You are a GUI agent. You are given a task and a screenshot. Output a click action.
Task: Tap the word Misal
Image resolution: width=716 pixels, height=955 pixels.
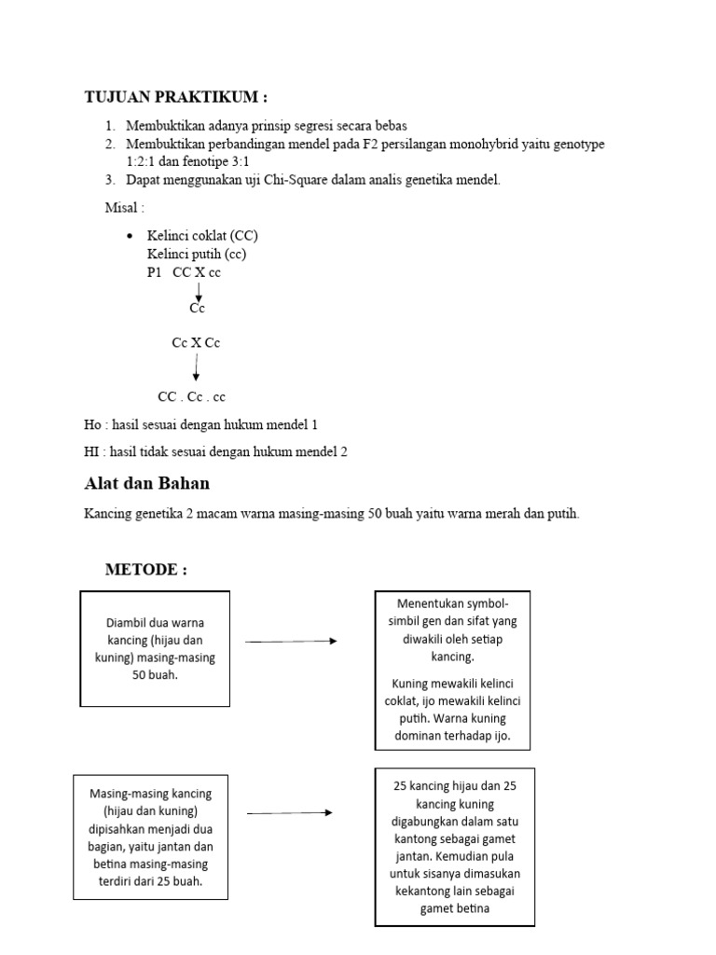pyautogui.click(x=121, y=206)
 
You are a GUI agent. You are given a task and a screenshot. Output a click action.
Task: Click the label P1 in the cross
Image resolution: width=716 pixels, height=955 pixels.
pyautogui.click(x=154, y=272)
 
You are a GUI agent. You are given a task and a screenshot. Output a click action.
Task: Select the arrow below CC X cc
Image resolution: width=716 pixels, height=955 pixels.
pyautogui.click(x=198, y=291)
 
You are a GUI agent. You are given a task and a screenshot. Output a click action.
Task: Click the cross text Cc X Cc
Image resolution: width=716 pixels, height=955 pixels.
pyautogui.click(x=196, y=342)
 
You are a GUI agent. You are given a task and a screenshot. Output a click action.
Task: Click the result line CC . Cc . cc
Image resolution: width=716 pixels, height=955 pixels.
pyautogui.click(x=191, y=396)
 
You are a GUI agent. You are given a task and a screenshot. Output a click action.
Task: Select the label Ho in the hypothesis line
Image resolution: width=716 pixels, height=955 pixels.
pyautogui.click(x=91, y=424)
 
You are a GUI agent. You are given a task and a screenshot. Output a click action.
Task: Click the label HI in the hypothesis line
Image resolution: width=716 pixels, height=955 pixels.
pyautogui.click(x=91, y=451)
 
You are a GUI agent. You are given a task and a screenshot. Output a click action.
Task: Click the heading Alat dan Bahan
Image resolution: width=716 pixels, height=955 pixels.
pyautogui.click(x=146, y=483)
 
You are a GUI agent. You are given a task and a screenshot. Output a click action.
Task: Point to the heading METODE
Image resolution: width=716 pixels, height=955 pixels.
pyautogui.click(x=145, y=569)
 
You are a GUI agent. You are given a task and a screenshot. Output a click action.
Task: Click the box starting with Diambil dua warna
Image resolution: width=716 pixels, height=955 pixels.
pyautogui.click(x=155, y=648)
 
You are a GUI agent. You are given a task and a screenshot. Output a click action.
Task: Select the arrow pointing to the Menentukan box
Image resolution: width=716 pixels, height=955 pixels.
pyautogui.click(x=291, y=641)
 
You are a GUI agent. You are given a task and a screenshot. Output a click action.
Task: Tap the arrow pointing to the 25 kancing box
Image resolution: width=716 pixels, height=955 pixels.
pyautogui.click(x=289, y=812)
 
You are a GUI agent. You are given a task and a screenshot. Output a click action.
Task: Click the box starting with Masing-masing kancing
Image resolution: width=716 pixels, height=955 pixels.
pyautogui.click(x=151, y=837)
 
